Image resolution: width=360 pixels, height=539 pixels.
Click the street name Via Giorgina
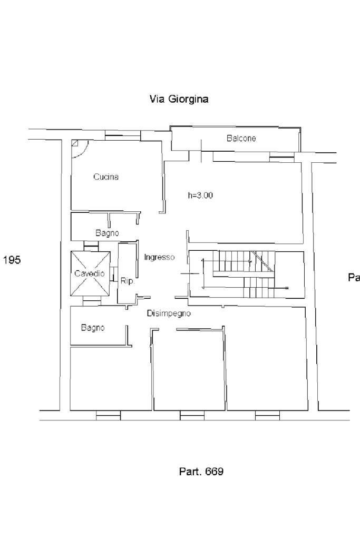[x=179, y=99]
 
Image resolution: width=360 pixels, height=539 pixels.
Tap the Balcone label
[x=241, y=139]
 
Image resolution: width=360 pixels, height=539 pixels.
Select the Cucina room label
[x=106, y=177]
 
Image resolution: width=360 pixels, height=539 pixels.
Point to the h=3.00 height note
[x=201, y=195]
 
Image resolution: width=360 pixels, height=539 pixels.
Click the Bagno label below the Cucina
[x=107, y=233]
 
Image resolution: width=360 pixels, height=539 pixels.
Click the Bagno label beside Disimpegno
[x=93, y=328]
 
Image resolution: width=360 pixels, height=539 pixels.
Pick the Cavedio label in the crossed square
[x=89, y=274]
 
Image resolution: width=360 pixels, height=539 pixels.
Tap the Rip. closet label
[x=128, y=281]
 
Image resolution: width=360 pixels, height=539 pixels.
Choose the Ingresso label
[x=159, y=257]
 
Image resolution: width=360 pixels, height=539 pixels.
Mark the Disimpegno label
[x=169, y=313]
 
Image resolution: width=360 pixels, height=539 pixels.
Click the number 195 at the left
[x=12, y=260]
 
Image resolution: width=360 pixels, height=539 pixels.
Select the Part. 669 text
[x=201, y=471]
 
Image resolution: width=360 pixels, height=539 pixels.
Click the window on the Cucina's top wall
[x=122, y=137]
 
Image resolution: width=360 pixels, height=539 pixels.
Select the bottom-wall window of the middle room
[x=192, y=416]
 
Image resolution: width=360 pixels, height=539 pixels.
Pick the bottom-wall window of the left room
[x=109, y=416]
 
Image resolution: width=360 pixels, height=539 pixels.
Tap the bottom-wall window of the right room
[x=267, y=416]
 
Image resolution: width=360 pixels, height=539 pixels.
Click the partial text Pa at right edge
[x=354, y=278]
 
